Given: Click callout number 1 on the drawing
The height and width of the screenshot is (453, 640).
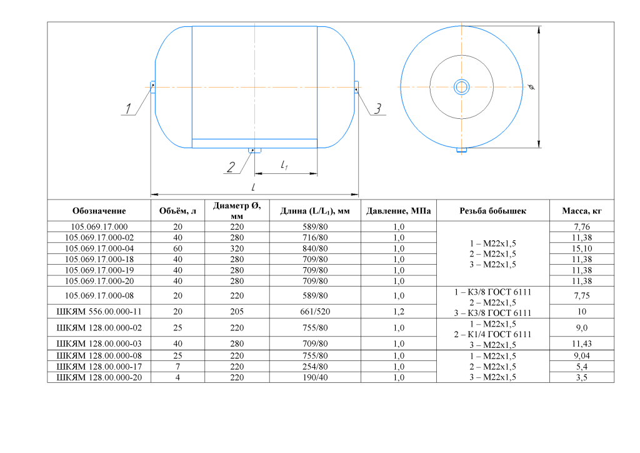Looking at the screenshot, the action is click(x=128, y=109).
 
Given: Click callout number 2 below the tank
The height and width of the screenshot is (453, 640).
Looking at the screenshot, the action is click(x=231, y=167).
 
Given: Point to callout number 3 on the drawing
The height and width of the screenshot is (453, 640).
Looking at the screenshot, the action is click(x=378, y=109).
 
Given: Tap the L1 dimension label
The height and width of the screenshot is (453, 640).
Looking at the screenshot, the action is click(x=284, y=165).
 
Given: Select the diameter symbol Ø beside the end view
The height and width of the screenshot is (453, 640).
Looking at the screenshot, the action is click(x=531, y=86).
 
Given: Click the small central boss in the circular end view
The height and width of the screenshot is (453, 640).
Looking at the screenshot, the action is click(x=462, y=87).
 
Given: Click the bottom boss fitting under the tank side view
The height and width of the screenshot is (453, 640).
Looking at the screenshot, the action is click(x=255, y=150).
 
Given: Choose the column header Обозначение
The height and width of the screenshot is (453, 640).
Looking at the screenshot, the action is click(x=99, y=211).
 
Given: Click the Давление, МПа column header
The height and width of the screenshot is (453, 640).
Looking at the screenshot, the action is click(x=398, y=211).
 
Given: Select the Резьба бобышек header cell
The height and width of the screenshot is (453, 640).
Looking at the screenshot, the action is click(x=492, y=211).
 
